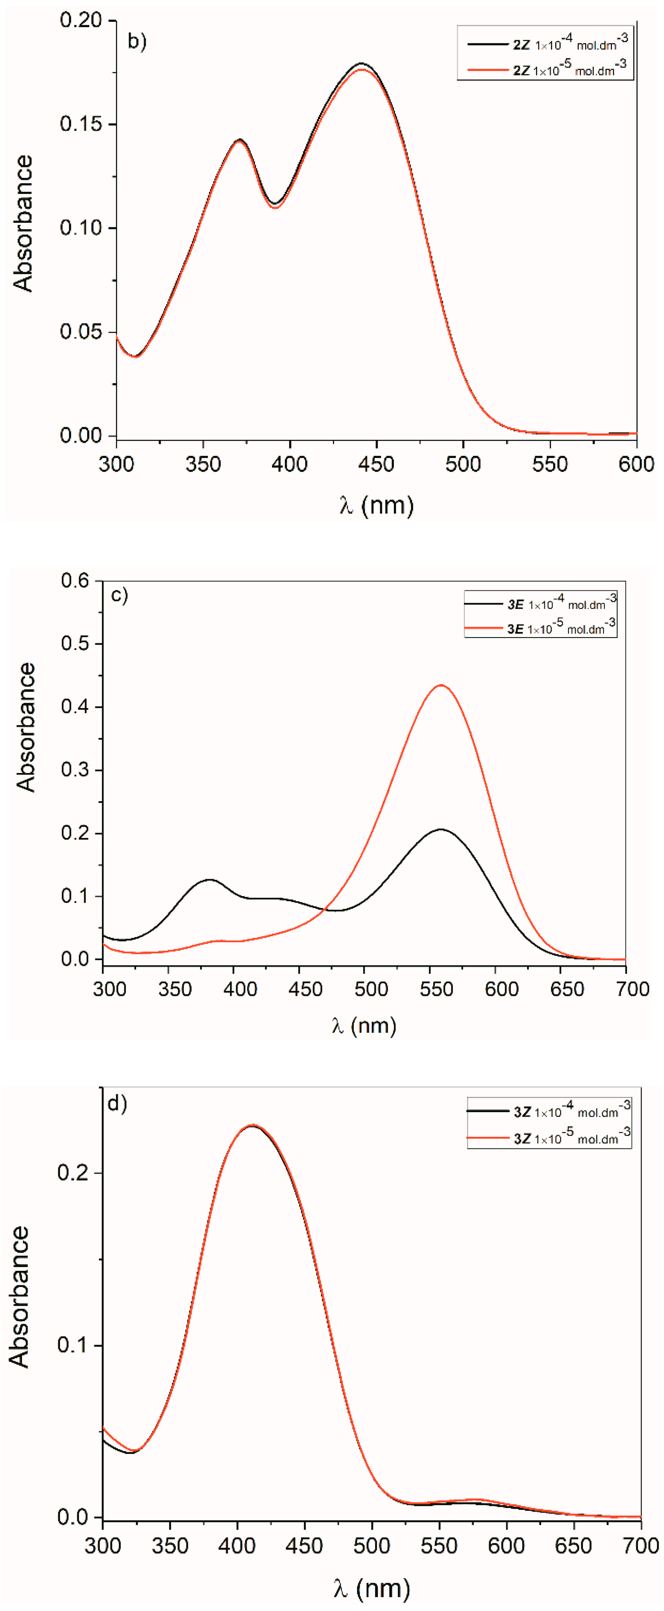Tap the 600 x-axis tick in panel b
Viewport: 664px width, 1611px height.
pos(636,464)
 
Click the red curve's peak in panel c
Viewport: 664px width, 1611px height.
pos(441,686)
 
